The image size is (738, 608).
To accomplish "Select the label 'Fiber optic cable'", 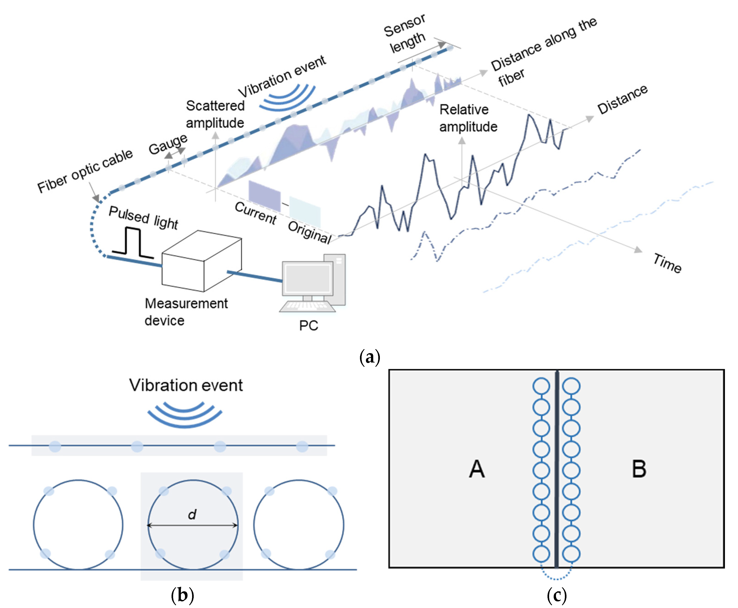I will tap(85, 171).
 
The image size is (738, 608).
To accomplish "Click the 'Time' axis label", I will tap(667, 263).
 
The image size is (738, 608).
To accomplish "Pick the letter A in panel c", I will tap(477, 469).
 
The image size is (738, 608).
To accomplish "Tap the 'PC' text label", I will tap(308, 326).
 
